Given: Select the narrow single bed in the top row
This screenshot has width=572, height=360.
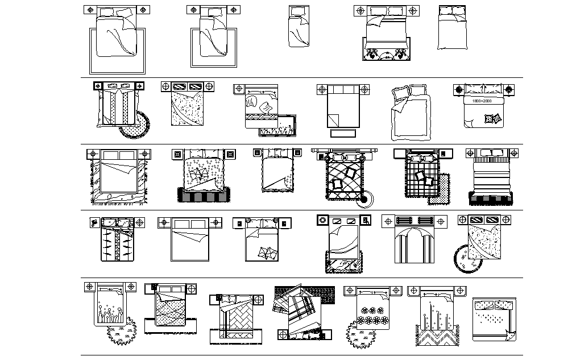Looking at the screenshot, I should [298, 27].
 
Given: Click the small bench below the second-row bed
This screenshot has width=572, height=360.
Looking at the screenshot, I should [342, 133].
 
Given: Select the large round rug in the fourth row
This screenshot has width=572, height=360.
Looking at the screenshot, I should [467, 260].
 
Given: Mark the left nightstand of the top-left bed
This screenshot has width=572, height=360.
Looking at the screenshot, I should [90, 11].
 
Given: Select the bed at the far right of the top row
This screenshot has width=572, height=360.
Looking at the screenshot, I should [453, 28].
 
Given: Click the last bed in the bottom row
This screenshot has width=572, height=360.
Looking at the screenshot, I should [495, 318].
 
